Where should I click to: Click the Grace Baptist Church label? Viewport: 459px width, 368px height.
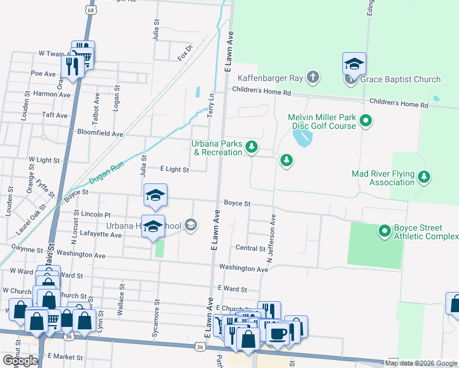click(x=400, y=79)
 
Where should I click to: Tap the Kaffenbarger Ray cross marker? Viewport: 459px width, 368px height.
click(x=313, y=78)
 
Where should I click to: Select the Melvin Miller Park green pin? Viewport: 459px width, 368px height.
click(x=366, y=121)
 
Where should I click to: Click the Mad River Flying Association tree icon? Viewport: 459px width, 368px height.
click(x=423, y=177)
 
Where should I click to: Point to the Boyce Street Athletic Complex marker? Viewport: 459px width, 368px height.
click(x=385, y=231)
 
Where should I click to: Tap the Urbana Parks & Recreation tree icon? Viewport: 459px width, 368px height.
click(x=251, y=147)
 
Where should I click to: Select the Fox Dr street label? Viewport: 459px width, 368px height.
click(x=185, y=49)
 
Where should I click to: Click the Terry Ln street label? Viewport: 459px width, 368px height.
click(x=211, y=105)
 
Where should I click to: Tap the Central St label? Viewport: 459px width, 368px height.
click(x=250, y=249)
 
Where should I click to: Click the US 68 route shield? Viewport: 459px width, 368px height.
click(x=91, y=10)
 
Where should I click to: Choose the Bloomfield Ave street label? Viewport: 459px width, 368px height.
click(x=100, y=132)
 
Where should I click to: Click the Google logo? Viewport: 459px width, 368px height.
click(x=20, y=361)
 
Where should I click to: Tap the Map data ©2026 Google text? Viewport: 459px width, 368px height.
click(x=421, y=363)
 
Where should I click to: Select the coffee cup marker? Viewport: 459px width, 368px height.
click(x=277, y=334)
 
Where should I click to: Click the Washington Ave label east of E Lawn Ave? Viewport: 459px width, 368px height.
click(x=244, y=269)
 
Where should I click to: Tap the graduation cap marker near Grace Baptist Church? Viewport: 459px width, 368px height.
click(x=354, y=64)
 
